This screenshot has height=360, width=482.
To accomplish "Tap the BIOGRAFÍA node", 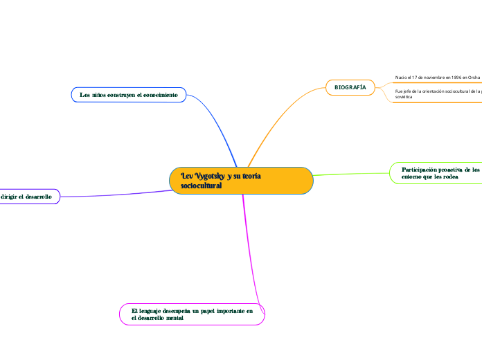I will coord(350,87).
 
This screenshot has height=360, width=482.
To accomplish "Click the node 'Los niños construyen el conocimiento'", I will coord(129,94).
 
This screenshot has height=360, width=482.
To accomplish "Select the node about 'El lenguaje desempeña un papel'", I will coord(192,314).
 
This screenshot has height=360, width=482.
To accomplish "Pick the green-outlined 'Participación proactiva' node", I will coord(436,173).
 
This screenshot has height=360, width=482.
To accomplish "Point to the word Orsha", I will coord(474,78).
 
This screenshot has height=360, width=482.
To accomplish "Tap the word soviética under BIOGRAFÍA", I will coord(404,98).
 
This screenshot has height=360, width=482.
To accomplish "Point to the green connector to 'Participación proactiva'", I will coord(353,174).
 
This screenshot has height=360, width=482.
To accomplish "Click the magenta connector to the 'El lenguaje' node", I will coord(247,249).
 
